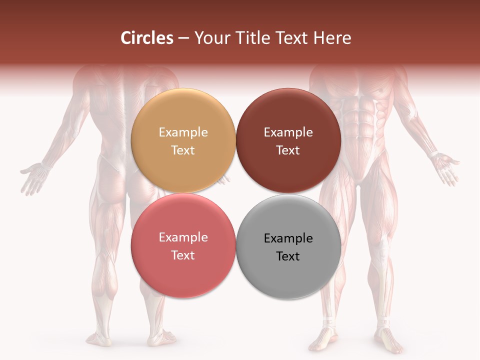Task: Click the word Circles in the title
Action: [147, 38]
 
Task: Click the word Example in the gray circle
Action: [288, 238]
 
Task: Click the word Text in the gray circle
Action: [288, 256]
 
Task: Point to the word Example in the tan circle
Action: [183, 132]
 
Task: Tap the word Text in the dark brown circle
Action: [288, 150]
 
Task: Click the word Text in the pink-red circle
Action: [183, 255]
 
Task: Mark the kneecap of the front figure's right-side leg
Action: [383, 245]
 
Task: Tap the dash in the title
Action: [183, 38]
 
